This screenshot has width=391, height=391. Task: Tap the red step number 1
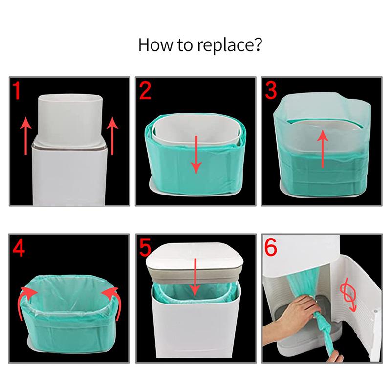click(x=18, y=92)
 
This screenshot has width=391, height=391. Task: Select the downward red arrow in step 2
click(x=196, y=154)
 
